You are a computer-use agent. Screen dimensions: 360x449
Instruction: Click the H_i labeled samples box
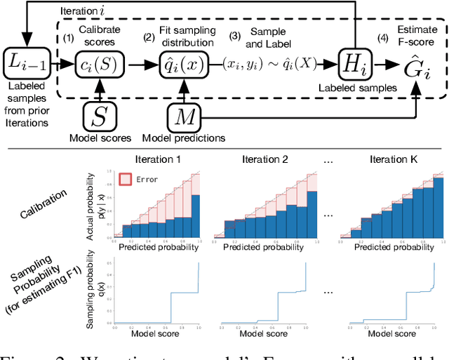[355, 64]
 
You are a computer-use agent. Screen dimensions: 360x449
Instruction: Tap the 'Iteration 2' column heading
[266, 159]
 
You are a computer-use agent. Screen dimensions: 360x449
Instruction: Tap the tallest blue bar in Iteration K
[430, 211]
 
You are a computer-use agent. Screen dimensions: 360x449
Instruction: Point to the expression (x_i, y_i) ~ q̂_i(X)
[267, 64]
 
